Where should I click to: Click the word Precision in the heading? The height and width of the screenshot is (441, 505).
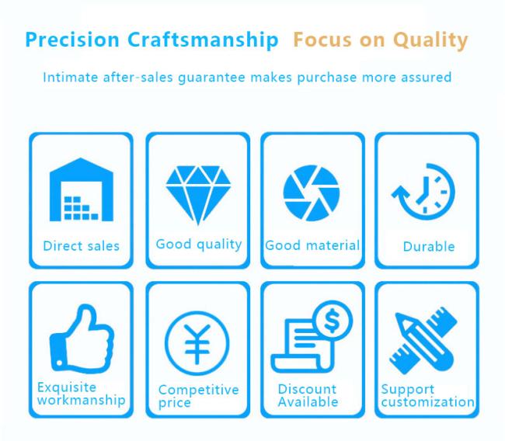click(x=72, y=40)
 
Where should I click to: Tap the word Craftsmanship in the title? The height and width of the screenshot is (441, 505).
click(x=203, y=40)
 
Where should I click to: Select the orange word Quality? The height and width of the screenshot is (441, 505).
click(x=430, y=41)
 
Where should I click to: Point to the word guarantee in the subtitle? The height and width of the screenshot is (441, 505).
click(x=211, y=78)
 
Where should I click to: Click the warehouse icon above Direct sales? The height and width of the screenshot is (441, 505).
click(x=81, y=189)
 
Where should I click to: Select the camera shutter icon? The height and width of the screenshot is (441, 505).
click(x=311, y=193)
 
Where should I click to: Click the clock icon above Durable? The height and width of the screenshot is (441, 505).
click(x=424, y=192)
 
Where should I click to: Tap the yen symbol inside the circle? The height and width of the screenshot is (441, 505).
click(x=197, y=344)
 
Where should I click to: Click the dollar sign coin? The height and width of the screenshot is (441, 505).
click(x=333, y=321)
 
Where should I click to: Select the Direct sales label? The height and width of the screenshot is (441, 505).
click(x=81, y=246)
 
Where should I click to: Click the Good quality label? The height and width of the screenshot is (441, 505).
click(x=199, y=245)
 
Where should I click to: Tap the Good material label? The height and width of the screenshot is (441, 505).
click(x=312, y=245)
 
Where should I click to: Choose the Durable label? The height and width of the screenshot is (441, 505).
click(x=429, y=247)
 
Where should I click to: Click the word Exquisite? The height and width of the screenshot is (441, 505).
click(x=67, y=387)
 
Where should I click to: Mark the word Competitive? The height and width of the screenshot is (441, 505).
click(x=199, y=390)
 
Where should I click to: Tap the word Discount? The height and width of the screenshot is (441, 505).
click(x=307, y=389)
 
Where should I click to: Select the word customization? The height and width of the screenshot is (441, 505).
click(x=428, y=402)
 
